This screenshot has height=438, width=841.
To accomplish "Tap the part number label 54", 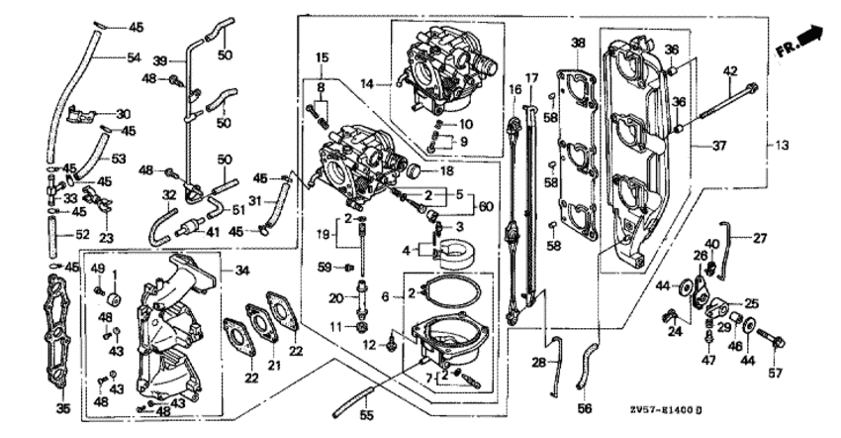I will [x=134, y=57].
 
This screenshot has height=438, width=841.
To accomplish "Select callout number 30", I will [x=123, y=113].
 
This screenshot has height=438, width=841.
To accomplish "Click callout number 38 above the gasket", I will [x=579, y=43].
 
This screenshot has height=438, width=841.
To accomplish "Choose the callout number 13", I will [x=783, y=146].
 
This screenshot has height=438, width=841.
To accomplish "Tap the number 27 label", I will [x=759, y=238].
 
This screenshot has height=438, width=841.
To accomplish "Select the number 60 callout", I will [x=485, y=206].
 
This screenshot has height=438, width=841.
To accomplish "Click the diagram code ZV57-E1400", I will [x=664, y=407].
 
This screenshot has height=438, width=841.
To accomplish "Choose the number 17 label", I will [x=530, y=76].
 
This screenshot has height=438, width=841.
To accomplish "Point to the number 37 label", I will [x=719, y=146].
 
